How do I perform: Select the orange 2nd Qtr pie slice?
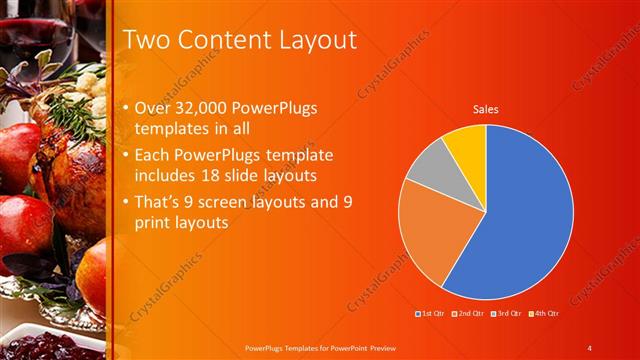click(430, 240)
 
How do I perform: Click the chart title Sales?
click(486, 109)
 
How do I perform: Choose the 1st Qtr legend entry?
click(432, 313)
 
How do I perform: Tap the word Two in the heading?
click(146, 40)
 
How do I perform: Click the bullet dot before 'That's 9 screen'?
click(124, 202)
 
